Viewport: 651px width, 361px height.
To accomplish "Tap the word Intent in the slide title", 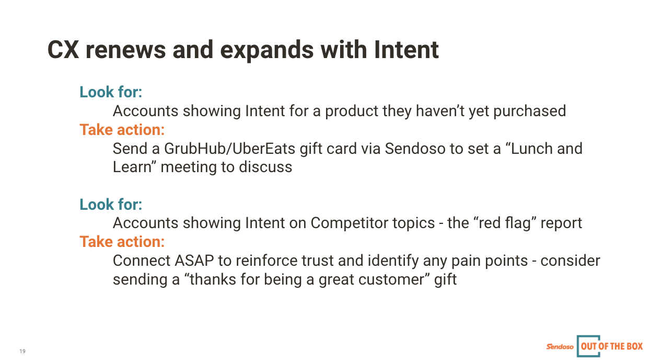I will [406, 50].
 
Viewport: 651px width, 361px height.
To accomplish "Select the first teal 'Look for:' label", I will [111, 92].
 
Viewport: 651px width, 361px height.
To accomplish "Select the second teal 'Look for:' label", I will [111, 204].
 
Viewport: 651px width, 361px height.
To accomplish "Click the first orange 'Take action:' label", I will [122, 129].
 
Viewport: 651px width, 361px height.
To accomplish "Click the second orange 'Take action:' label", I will [122, 242].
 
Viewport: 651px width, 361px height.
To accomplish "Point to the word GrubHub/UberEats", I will [230, 149].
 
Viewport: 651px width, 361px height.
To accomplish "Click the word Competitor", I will [373, 223].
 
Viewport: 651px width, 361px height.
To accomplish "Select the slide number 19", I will [22, 351].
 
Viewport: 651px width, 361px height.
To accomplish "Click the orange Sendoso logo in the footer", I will [560, 346].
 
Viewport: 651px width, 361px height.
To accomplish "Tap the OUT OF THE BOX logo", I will [610, 346].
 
